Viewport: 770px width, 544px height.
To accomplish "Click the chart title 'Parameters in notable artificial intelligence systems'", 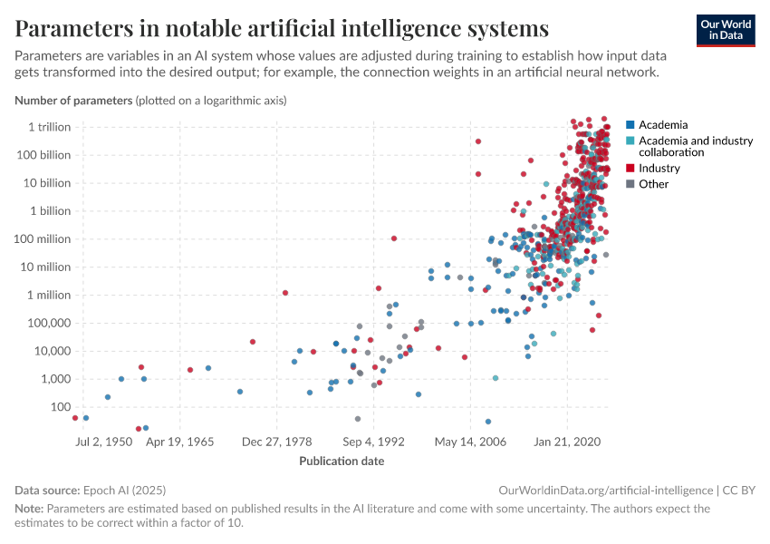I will coord(282,28).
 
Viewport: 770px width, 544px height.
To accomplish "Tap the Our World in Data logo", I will coord(725,29).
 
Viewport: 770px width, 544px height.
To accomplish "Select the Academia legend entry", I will coord(662,124).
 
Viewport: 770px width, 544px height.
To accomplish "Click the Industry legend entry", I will coord(659,168).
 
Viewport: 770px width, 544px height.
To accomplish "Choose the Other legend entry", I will coord(653,184).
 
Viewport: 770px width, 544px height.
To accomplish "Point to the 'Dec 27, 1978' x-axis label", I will coord(277,442).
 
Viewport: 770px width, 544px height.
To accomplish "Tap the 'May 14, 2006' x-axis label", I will coord(470,442).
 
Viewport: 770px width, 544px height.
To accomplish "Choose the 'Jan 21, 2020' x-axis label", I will coord(567,442).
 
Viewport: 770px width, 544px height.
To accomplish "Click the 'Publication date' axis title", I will coord(342,461).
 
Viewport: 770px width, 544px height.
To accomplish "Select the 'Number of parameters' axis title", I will coord(73,100).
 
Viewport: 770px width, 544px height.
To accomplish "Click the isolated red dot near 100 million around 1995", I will coord(394,238).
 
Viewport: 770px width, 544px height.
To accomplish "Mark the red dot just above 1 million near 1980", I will coord(285,293).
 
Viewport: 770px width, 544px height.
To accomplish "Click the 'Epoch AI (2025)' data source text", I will coord(128,490).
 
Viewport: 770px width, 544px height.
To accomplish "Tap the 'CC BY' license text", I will coord(738,490).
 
